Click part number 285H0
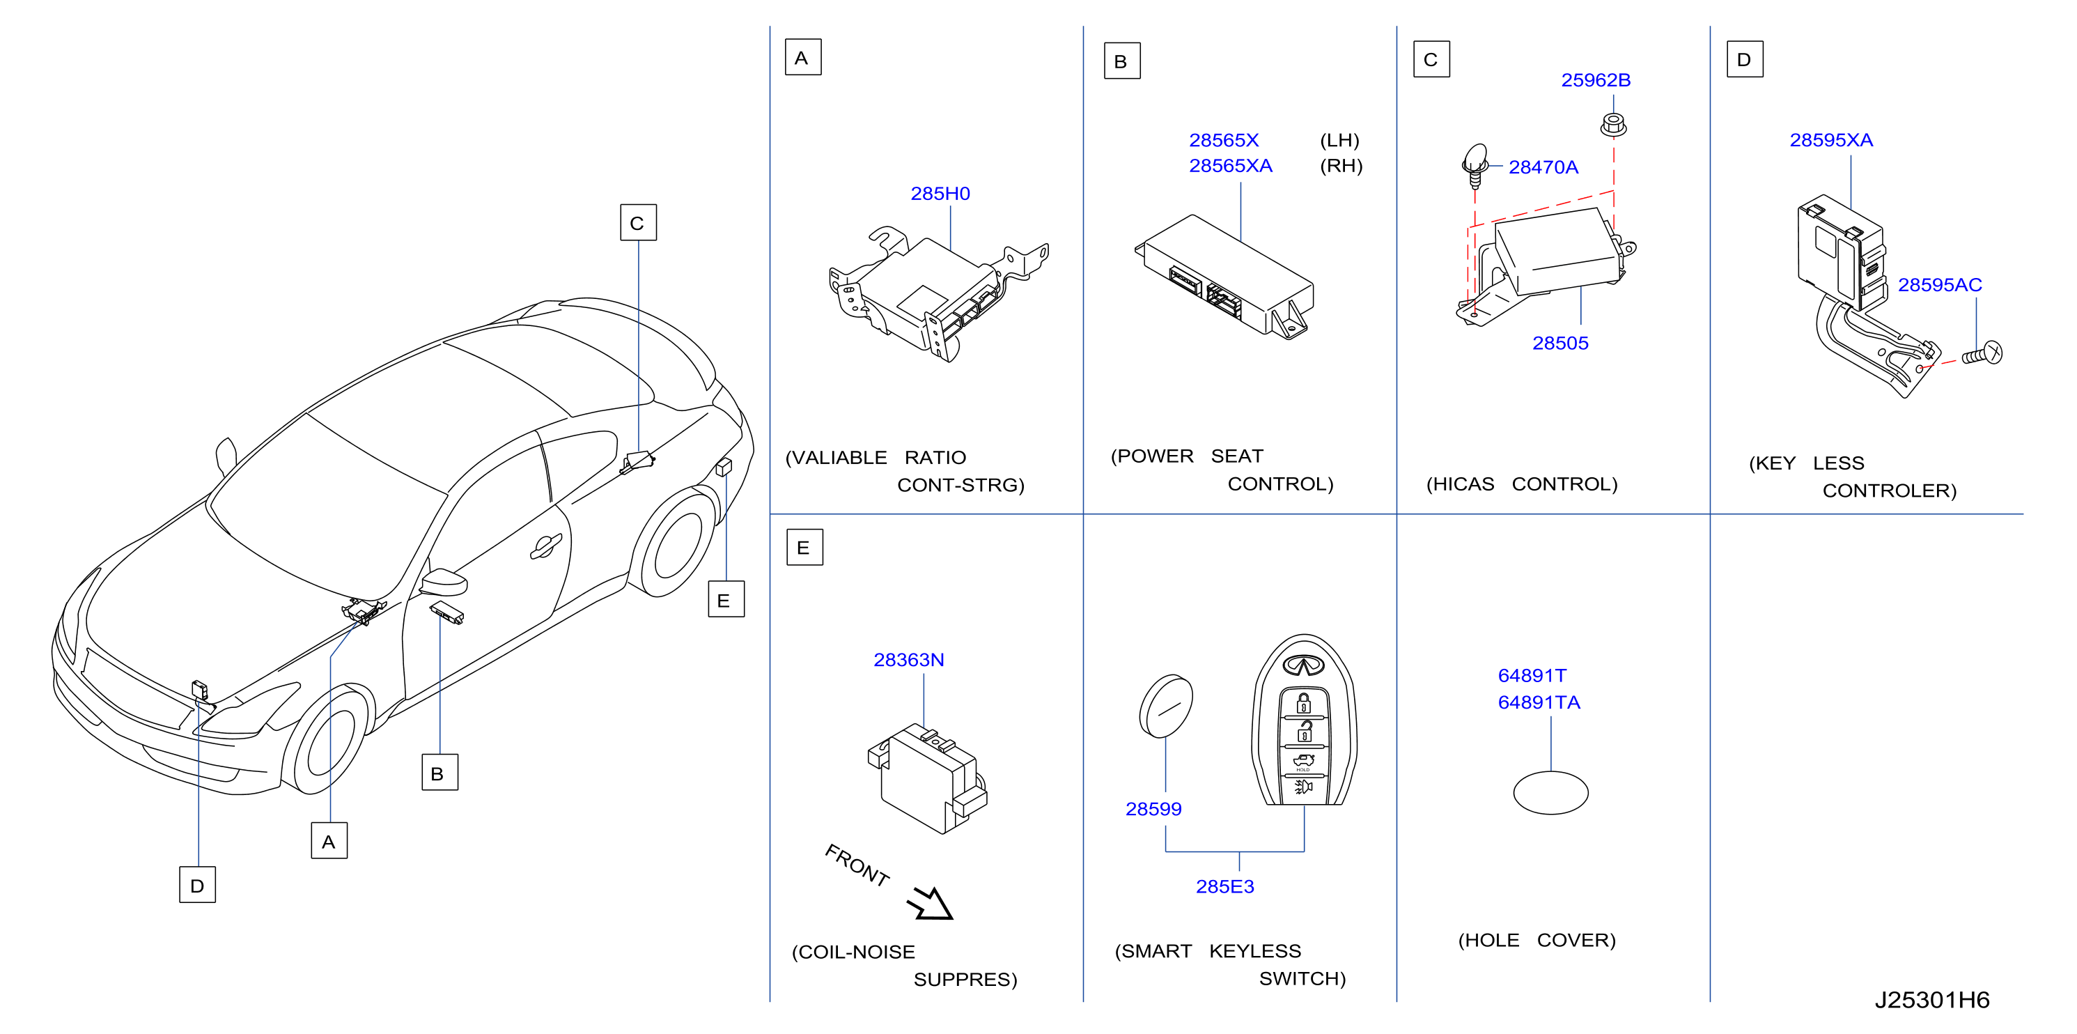pos(940,194)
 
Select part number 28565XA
pos(1231,165)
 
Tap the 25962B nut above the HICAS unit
pos(1612,125)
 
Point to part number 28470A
pos(1543,167)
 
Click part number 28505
pos(1560,343)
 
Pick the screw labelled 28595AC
pos(1982,353)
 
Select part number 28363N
pos(909,660)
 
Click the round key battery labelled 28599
pos(1166,706)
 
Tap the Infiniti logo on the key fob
pos(1304,665)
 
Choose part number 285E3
pos(1224,886)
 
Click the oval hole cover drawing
pos(1550,792)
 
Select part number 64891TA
pos(1539,702)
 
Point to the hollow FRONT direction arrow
pos(931,904)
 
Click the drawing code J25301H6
pos(1932,1000)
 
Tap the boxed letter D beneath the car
pos(198,885)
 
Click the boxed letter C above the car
pos(638,222)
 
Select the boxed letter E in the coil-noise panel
pos(804,548)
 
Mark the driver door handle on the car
pos(546,546)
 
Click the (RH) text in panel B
pos(1341,165)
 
